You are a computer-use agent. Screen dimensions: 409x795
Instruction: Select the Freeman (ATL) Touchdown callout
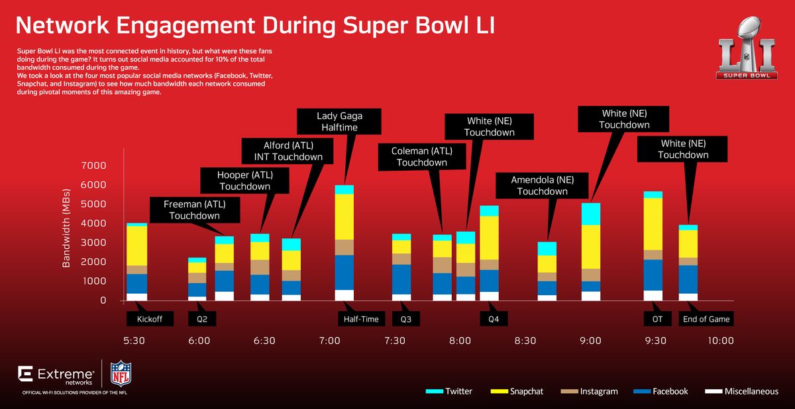[194, 210]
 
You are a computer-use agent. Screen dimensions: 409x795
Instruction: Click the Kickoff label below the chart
[150, 319]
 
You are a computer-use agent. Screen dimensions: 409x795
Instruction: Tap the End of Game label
[706, 319]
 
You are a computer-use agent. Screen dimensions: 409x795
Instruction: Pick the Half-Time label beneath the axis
[362, 319]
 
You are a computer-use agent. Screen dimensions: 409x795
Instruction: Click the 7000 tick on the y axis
[93, 165]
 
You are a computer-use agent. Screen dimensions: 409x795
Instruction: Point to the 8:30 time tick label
[525, 341]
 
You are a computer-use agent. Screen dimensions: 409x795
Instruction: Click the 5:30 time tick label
[134, 341]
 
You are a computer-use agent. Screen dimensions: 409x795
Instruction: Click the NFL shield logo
[121, 374]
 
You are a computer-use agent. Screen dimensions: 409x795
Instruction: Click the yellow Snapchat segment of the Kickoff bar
[136, 246]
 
